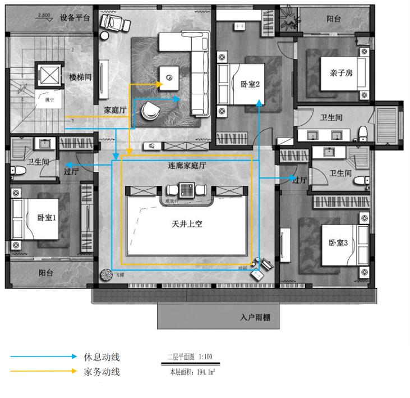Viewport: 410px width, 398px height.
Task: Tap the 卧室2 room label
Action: point(250,84)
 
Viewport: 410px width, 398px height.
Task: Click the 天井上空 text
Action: point(187,223)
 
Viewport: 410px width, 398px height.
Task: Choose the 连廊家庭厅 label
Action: point(187,166)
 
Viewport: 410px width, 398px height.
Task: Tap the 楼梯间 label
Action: point(80,76)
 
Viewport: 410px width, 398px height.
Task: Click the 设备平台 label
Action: point(75,17)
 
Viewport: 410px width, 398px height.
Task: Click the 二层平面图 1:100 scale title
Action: point(190,357)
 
